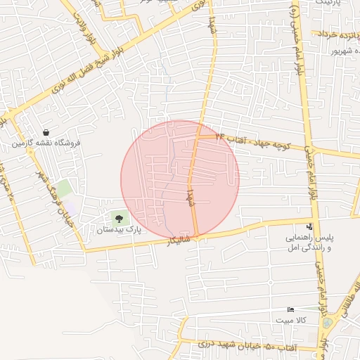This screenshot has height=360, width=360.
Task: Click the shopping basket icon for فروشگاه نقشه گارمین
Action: (46, 132)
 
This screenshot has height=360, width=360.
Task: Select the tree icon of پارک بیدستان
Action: (118, 218)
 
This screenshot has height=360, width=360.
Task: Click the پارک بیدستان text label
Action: (119, 229)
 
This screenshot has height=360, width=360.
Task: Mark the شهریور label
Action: (342, 51)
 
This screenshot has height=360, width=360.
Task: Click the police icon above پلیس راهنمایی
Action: (309, 226)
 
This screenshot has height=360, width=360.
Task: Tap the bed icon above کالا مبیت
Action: (291, 310)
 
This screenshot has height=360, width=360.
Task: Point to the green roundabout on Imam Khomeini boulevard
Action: (328, 323)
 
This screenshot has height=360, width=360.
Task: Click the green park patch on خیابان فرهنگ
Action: (64, 188)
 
